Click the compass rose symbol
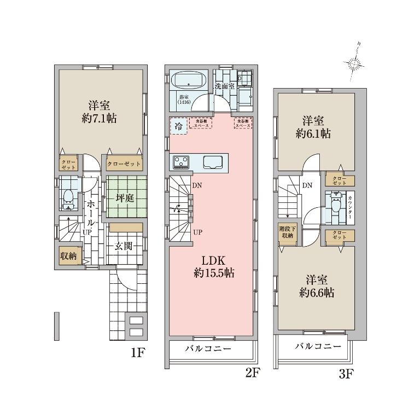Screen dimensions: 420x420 point(355,63)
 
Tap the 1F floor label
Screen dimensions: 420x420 point(137,353)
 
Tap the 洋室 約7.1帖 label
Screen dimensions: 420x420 point(99,112)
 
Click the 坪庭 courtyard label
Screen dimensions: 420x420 point(125,198)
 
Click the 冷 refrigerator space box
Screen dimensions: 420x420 point(178,126)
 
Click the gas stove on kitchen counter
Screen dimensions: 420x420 point(181,162)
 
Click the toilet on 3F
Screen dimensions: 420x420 point(334,206)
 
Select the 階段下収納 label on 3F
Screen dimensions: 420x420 point(287,232)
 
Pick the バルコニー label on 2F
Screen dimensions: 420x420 point(207,349)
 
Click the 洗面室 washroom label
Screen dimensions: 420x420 point(224,86)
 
